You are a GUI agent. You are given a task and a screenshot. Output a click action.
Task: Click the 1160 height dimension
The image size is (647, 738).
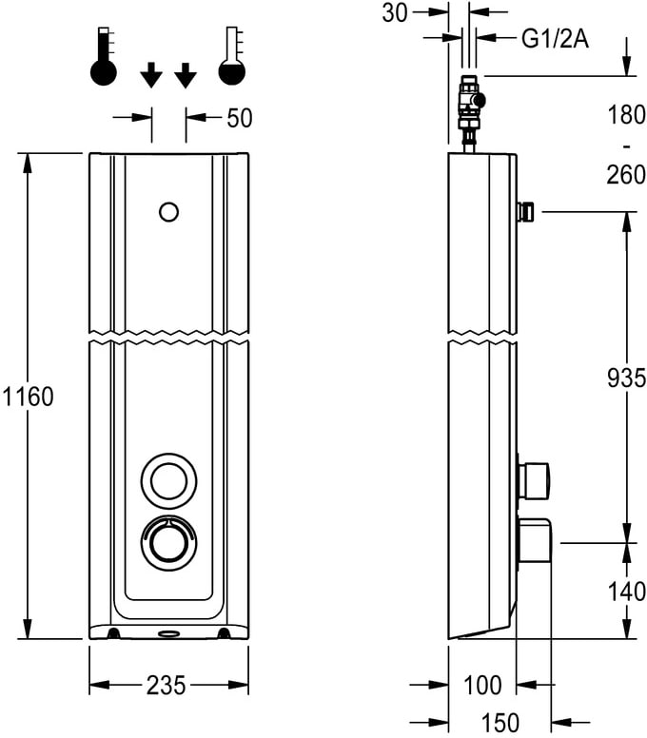click(29, 397)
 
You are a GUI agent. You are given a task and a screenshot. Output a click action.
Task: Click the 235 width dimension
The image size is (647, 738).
click(167, 686)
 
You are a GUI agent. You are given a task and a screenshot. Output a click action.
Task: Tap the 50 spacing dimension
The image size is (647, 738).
click(240, 118)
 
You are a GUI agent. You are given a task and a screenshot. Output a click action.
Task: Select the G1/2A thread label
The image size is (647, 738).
click(555, 39)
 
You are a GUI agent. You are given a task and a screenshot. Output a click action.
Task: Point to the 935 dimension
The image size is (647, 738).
click(626, 378)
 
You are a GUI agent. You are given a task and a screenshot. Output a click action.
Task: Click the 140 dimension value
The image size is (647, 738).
click(627, 591)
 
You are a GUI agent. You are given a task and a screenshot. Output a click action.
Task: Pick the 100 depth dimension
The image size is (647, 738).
click(482, 685)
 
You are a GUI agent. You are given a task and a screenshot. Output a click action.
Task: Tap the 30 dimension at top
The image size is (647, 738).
click(395, 12)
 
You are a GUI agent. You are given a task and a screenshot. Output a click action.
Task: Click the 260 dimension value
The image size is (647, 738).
click(626, 175)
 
